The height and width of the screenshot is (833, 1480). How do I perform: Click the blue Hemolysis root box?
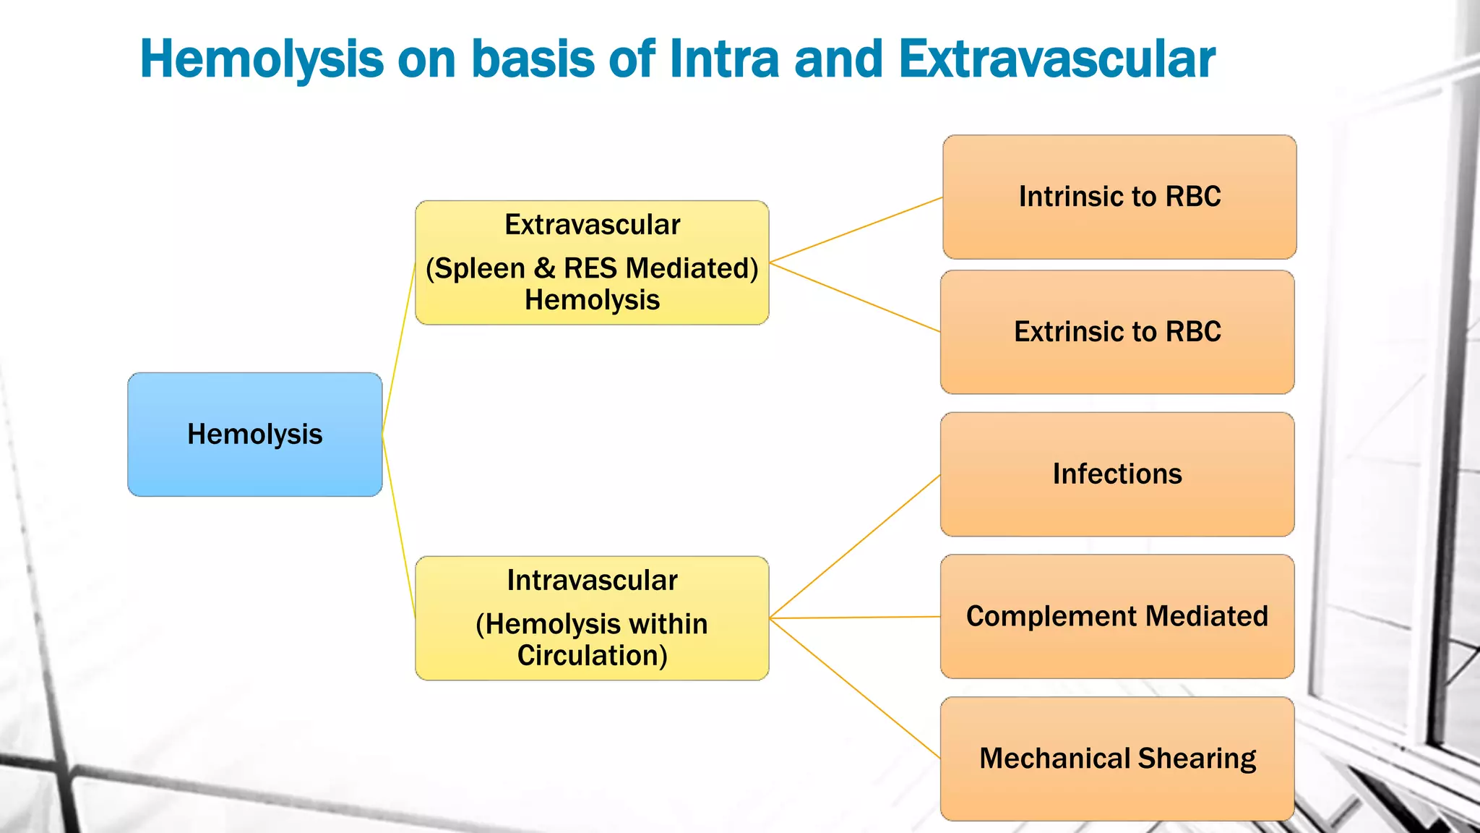[x=254, y=435]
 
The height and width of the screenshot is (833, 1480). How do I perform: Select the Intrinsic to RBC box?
[x=1119, y=197]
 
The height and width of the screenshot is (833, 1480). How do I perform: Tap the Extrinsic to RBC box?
[x=1117, y=332]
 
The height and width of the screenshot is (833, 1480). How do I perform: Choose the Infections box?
[x=1117, y=474]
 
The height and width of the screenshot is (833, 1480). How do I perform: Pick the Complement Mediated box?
[x=1117, y=616]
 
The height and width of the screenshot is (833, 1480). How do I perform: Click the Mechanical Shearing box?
[x=1117, y=759]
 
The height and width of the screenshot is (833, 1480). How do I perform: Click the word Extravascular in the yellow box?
[x=592, y=225]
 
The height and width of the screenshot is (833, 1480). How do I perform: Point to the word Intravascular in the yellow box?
[x=592, y=581]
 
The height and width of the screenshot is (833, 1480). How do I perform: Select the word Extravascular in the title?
[x=1057, y=59]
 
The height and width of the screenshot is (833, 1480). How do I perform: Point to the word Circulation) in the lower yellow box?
[x=592, y=656]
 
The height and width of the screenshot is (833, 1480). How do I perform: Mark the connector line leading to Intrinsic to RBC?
[x=856, y=229]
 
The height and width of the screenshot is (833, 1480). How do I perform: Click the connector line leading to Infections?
[x=855, y=547]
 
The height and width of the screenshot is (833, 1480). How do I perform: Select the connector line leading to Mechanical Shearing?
[x=855, y=688]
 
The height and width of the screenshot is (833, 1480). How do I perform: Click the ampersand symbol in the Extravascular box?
[x=544, y=268]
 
